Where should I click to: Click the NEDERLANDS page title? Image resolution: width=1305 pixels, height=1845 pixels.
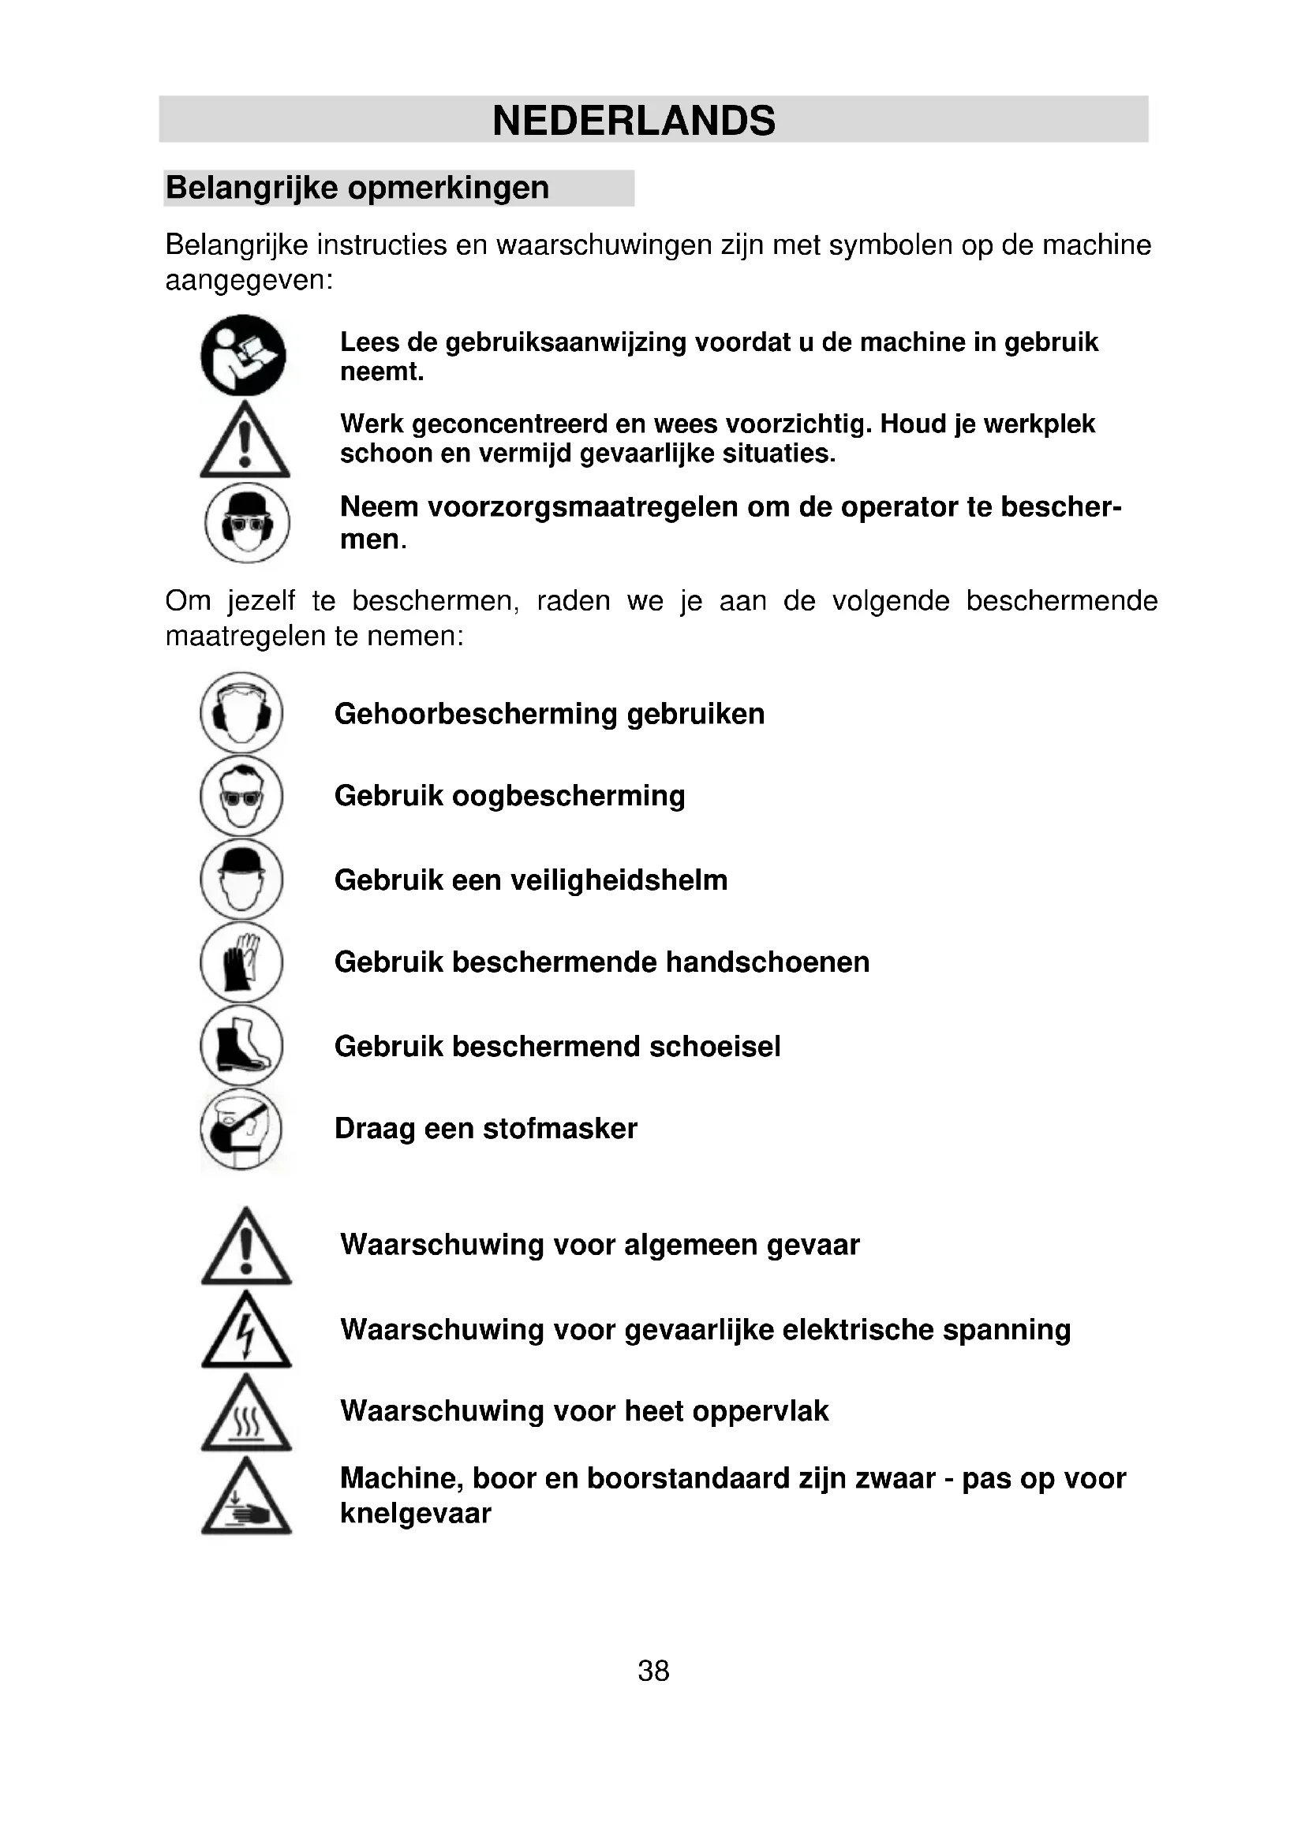click(x=634, y=121)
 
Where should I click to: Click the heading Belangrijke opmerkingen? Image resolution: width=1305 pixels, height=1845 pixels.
click(x=357, y=188)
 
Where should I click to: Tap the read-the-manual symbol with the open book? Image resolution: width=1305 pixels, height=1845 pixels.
click(x=244, y=355)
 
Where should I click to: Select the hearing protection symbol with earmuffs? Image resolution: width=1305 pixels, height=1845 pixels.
click(x=241, y=713)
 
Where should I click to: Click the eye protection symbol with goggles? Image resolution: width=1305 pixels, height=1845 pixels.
click(x=241, y=797)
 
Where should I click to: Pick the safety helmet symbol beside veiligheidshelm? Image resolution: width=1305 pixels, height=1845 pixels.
click(x=241, y=879)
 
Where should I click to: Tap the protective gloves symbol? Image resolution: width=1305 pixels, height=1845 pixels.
click(x=241, y=962)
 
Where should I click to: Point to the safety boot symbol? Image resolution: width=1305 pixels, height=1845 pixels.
click(x=241, y=1045)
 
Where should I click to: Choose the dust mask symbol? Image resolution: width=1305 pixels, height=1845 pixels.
click(x=241, y=1128)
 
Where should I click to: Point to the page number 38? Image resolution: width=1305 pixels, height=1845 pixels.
click(x=652, y=1671)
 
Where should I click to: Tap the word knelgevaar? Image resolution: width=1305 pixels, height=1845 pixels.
click(x=416, y=1514)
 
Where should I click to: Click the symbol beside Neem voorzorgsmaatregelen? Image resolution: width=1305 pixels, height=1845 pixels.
click(x=247, y=523)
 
